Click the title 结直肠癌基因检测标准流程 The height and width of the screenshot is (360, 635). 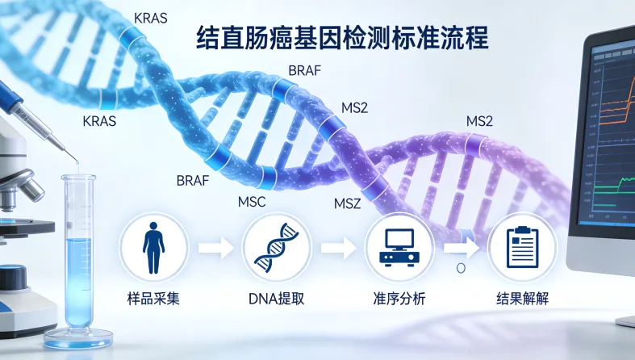pyautogui.click(x=343, y=36)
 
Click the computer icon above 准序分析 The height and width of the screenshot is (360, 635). pyautogui.click(x=399, y=245)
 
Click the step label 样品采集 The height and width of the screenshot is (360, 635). pyautogui.click(x=153, y=299)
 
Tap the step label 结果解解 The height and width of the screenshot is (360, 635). pyautogui.click(x=522, y=299)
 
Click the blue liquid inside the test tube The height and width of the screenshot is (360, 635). pyautogui.click(x=79, y=278)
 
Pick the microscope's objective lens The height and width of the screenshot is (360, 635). pyautogui.click(x=31, y=187)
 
